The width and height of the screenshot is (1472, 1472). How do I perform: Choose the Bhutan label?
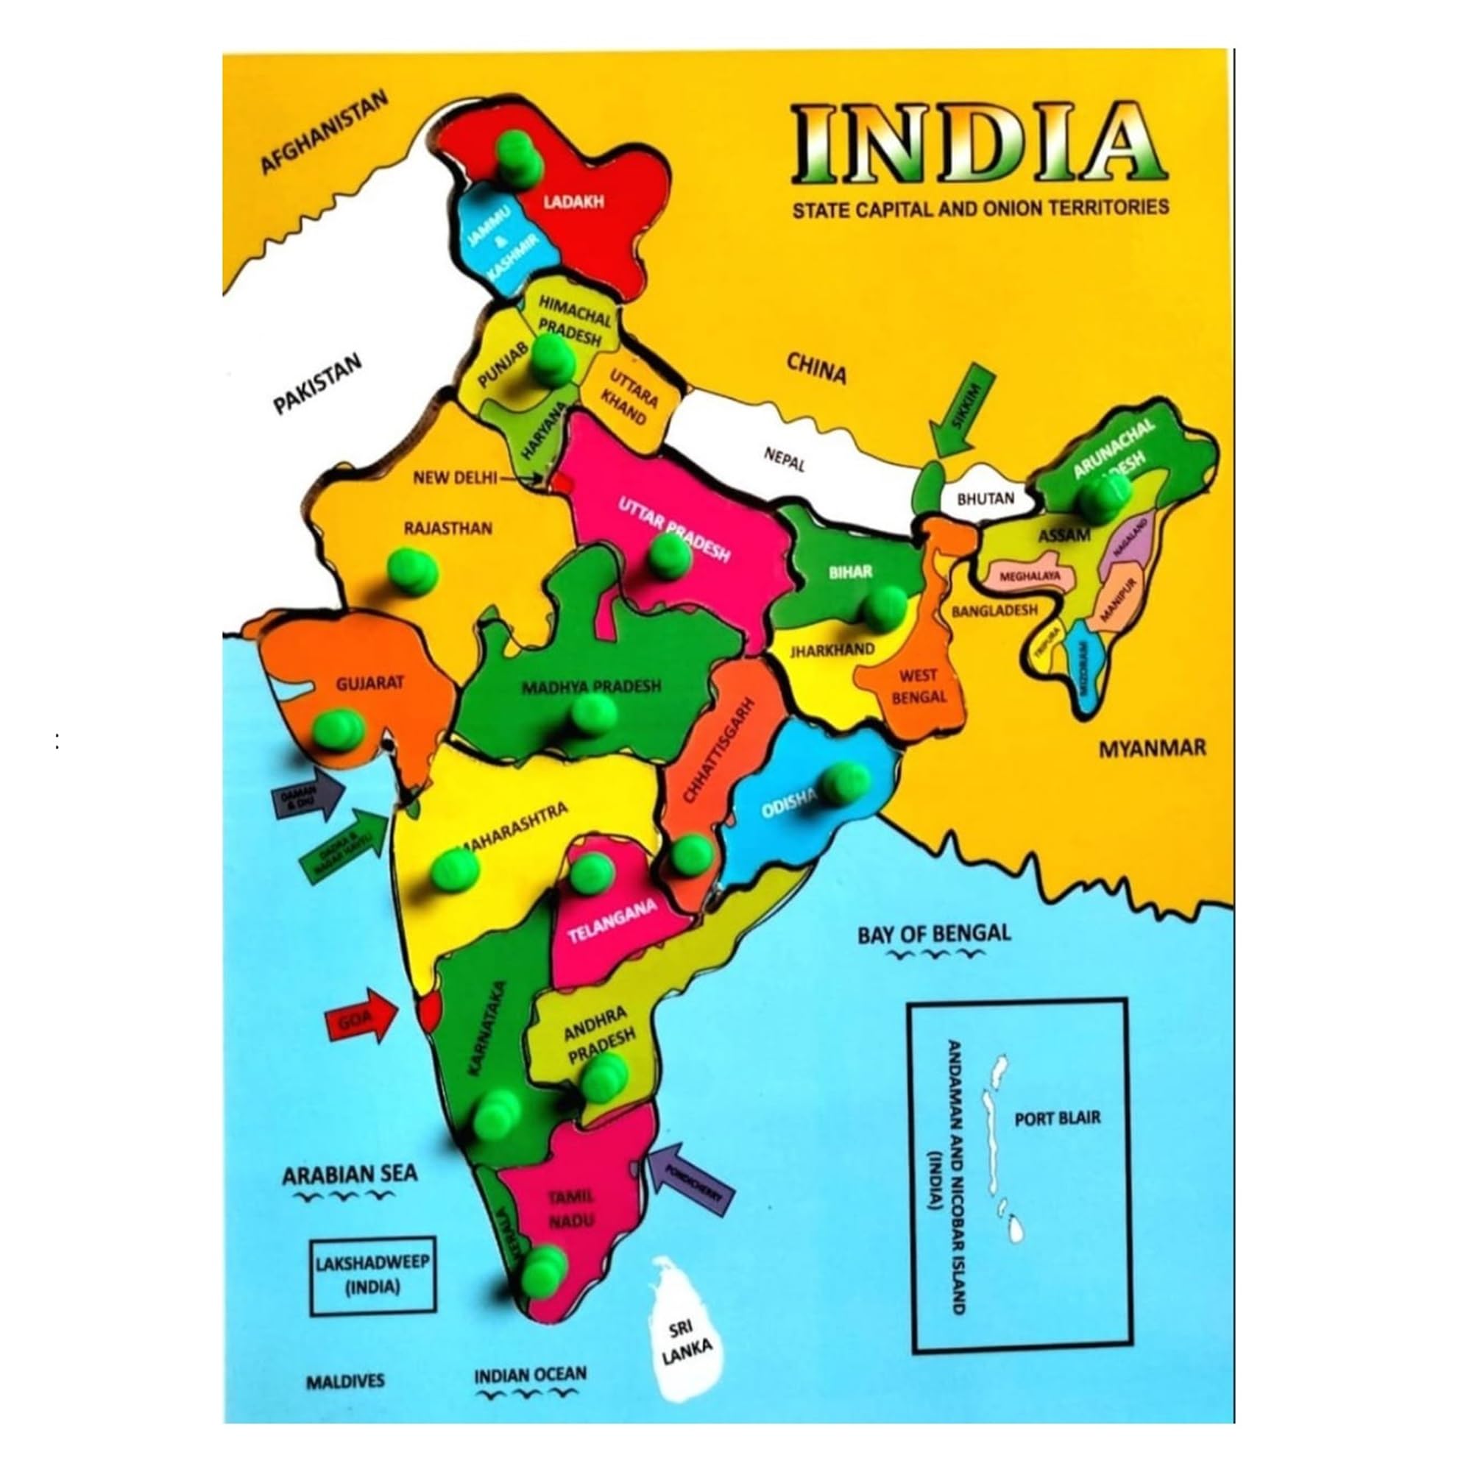986,499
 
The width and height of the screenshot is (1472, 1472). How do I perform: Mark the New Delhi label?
454,478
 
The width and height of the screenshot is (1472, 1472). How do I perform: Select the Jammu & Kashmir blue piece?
499,241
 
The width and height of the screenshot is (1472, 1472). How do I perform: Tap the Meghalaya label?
1030,577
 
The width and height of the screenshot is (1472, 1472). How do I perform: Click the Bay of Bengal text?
934,933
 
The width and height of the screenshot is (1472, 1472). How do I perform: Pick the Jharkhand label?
831,650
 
